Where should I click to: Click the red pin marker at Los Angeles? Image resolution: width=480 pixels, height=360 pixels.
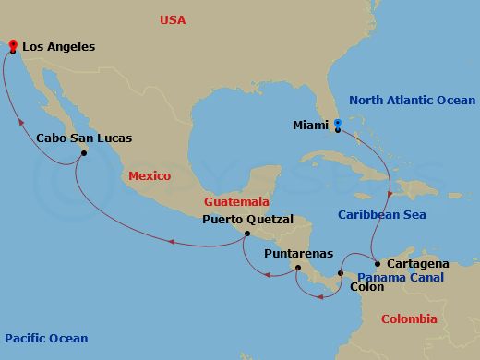pos(11,45)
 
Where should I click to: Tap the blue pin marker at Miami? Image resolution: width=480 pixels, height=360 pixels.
pos(338,125)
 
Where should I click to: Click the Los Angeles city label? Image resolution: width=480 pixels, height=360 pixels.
pos(58,46)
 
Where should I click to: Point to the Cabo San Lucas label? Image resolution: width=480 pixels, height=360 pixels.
pos(83,138)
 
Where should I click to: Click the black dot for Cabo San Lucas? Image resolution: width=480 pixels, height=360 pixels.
pos(83,154)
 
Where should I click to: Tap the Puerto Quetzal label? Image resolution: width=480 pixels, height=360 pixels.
pos(247,220)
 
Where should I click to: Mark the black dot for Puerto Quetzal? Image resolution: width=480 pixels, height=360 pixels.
pos(246,234)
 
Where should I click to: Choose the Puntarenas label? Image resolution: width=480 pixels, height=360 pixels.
pos(294,252)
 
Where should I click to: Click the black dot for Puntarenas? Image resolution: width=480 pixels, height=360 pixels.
pos(296,268)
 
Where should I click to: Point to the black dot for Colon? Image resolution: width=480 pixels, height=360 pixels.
pos(341,273)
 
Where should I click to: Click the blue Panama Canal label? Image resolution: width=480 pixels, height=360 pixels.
pos(401,277)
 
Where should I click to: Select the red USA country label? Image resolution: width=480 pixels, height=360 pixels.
pos(173,19)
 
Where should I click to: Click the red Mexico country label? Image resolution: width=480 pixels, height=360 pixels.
pos(150,175)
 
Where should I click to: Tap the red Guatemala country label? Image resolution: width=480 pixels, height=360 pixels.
pos(238,200)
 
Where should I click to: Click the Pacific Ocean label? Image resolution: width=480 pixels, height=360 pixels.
pos(45,339)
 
